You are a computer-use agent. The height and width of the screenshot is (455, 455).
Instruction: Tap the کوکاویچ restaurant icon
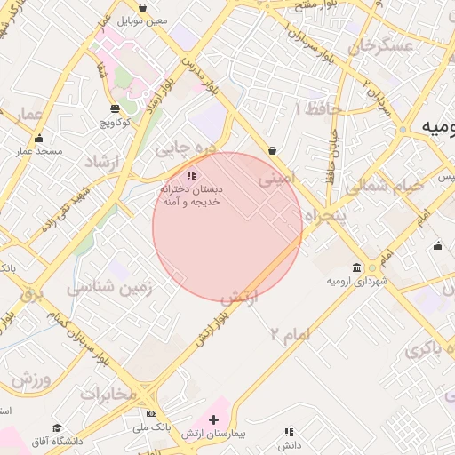116,108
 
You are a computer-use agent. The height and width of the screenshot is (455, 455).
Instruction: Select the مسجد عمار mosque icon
39,138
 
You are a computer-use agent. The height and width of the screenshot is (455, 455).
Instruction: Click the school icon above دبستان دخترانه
191,175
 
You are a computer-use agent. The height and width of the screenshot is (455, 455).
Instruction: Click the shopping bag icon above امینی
271,150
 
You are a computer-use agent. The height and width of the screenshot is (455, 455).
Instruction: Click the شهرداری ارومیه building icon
356,267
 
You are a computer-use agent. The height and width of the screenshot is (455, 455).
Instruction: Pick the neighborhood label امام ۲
290,334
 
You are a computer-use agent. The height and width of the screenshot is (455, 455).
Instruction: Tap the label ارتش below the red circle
238,298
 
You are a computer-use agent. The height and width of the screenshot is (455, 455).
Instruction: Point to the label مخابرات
108,393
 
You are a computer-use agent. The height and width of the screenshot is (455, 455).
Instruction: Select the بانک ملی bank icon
151,414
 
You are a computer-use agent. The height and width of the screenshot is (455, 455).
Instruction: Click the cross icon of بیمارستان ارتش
213,419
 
